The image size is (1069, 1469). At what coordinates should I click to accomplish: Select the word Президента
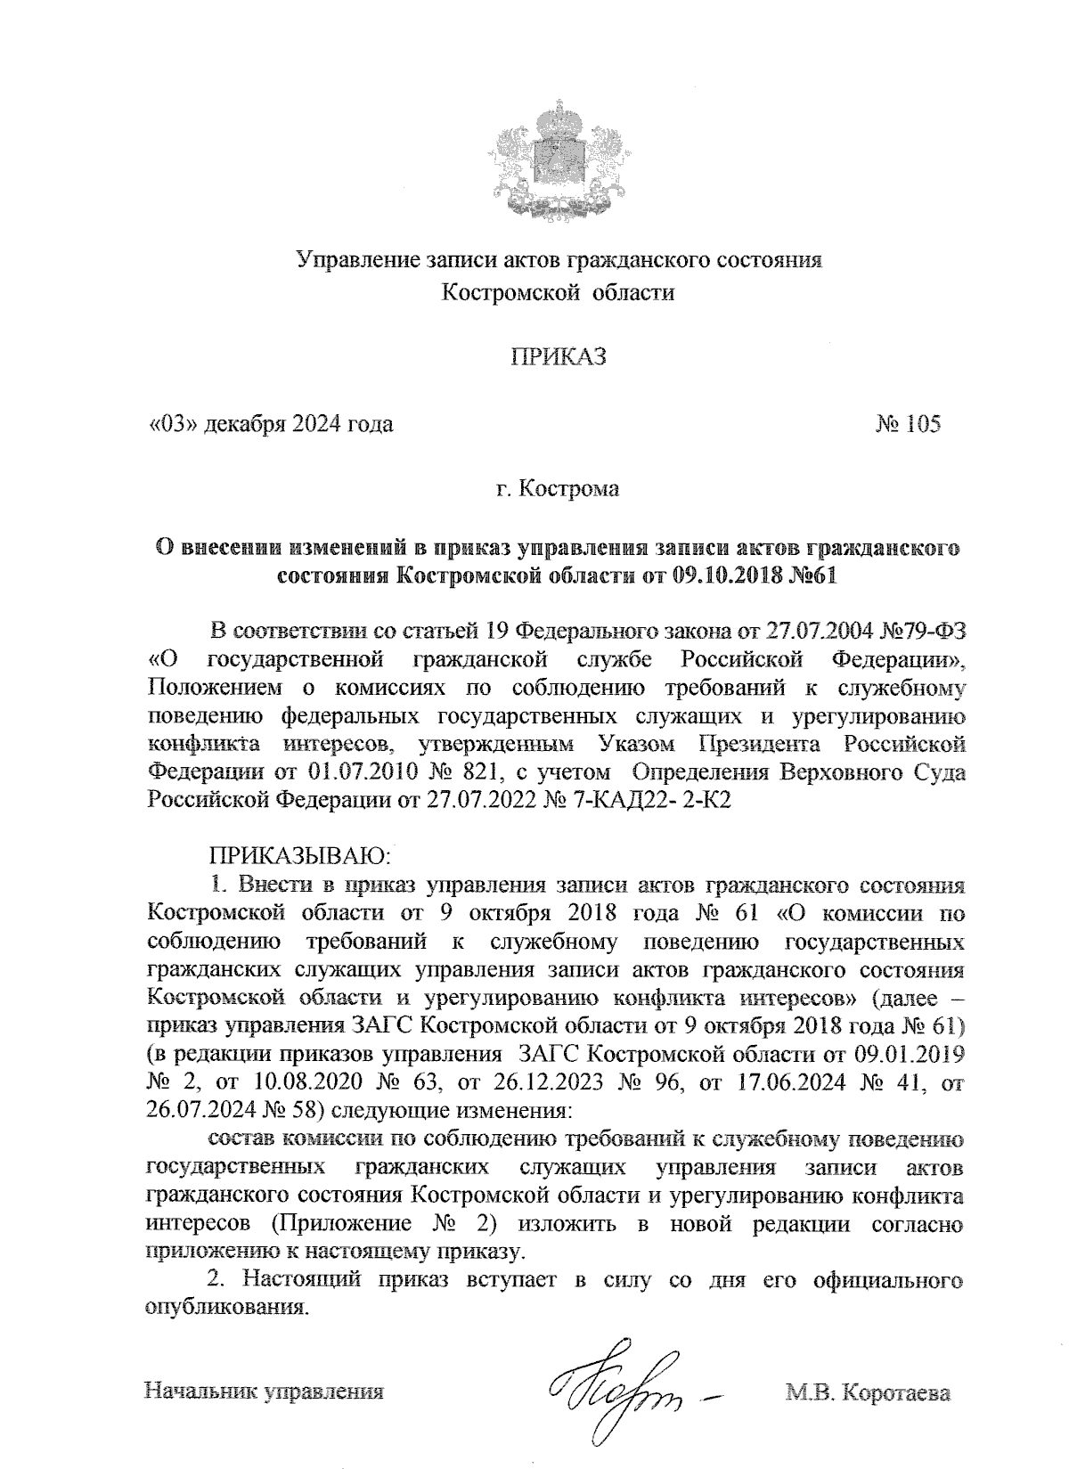(x=756, y=742)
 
